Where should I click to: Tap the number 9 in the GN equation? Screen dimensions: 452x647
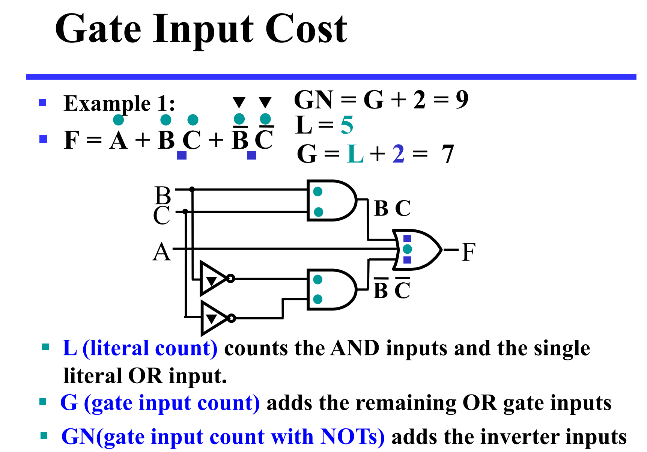coord(462,100)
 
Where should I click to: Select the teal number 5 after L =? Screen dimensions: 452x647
coord(347,125)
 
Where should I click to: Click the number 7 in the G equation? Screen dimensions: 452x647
coord(447,154)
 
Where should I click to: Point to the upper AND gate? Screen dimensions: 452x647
coord(331,201)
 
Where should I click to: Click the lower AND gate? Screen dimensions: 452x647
coord(331,289)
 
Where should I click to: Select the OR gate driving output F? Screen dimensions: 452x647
coord(417,250)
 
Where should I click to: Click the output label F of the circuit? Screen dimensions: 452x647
coord(468,252)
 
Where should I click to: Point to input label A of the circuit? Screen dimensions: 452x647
coord(162,252)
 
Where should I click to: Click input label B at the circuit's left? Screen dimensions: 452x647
coord(163,195)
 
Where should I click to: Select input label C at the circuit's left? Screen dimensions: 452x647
coord(162,215)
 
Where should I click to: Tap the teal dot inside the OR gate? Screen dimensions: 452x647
coord(407,249)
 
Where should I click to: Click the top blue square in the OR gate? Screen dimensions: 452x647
coord(407,239)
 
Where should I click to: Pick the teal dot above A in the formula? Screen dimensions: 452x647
coord(118,120)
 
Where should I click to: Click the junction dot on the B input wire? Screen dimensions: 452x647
coord(192,189)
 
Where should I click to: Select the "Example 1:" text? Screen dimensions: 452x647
coord(119,103)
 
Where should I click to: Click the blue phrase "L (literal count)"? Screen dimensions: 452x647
coord(140,348)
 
